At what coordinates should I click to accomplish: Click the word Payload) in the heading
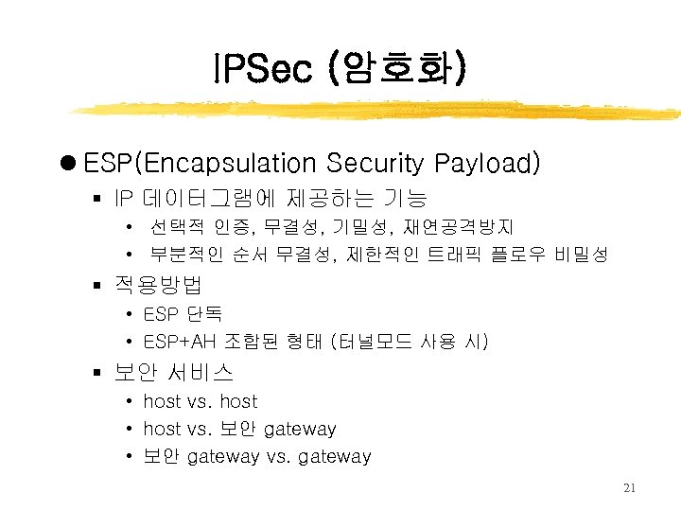[x=488, y=164]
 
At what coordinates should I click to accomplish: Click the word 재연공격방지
[x=459, y=227]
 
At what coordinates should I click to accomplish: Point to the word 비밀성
[x=582, y=255]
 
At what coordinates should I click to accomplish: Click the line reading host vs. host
[x=200, y=401]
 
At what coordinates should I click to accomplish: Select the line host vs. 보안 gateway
[x=239, y=429]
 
